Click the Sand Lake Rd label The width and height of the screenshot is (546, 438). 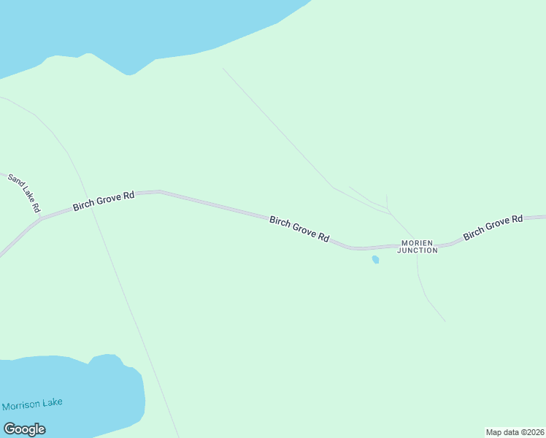pos(24,193)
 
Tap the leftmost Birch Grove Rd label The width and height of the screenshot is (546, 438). pos(104,201)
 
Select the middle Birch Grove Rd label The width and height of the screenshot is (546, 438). pos(299,228)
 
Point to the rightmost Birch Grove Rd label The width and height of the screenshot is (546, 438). pos(493,227)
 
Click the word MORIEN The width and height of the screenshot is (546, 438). pos(418,243)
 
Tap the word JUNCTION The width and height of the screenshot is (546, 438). pos(418,250)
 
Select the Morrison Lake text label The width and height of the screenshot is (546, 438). pos(32,404)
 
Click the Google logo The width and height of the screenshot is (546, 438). pos(25,429)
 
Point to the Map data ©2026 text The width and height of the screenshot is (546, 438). pos(515,432)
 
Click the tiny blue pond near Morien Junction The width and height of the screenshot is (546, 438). pos(375,259)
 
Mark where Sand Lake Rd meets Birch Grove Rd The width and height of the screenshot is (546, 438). pos(41,218)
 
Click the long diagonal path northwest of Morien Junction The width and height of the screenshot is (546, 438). pos(277,128)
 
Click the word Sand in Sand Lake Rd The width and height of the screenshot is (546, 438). pos(15,181)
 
